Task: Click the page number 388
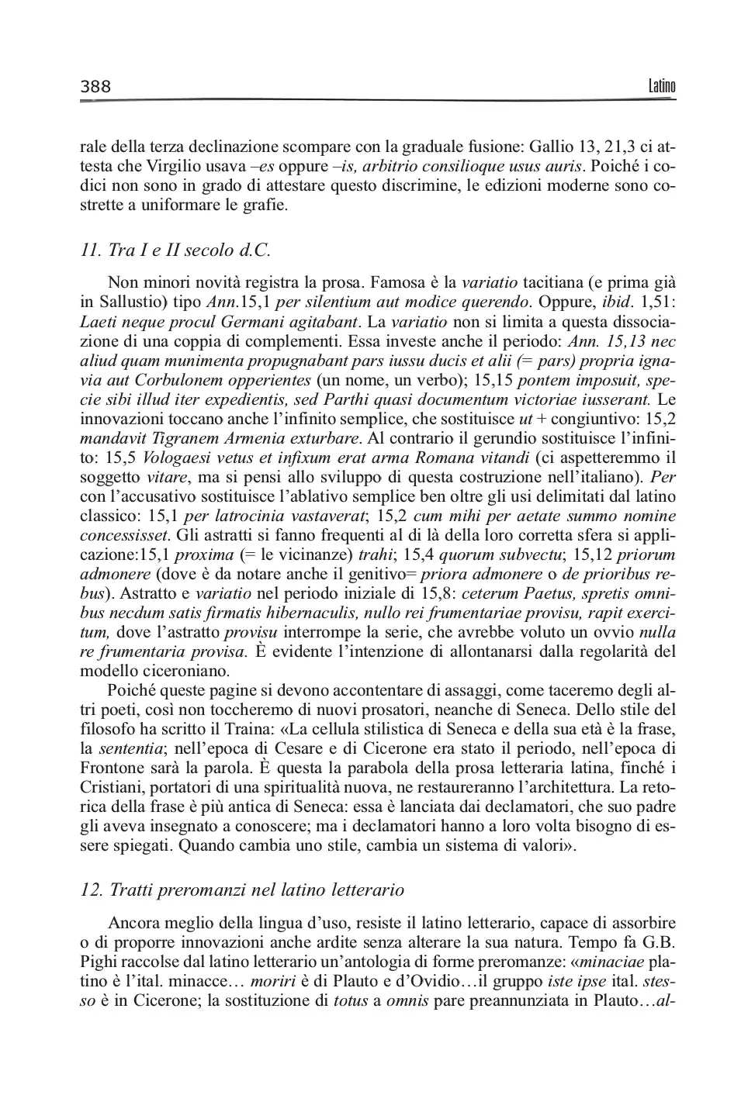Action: (x=96, y=87)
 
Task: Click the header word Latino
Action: (x=662, y=86)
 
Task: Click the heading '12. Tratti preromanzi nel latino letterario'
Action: (x=242, y=890)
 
